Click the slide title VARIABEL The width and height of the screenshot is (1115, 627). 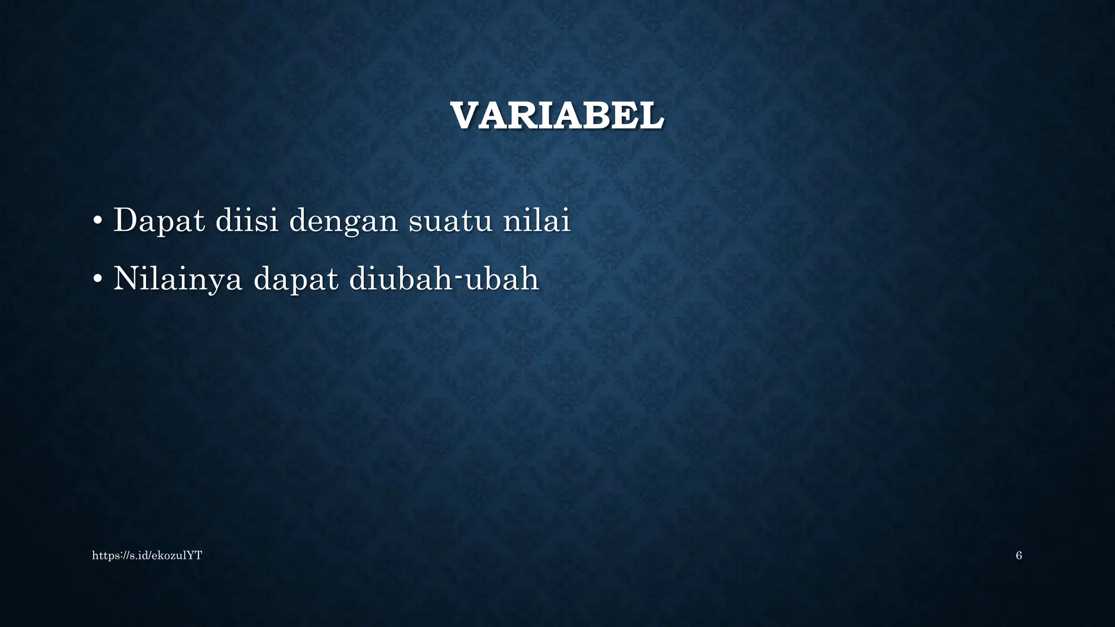557,116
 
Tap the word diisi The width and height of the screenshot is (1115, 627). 247,220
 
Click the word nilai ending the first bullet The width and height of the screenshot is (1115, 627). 536,220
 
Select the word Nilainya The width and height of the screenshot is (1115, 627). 177,280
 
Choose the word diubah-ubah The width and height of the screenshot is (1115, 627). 444,279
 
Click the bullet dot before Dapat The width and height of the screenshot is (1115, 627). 97,221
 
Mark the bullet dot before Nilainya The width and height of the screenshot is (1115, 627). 97,279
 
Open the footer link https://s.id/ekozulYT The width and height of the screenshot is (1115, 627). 147,556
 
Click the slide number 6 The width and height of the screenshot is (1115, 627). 1019,556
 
